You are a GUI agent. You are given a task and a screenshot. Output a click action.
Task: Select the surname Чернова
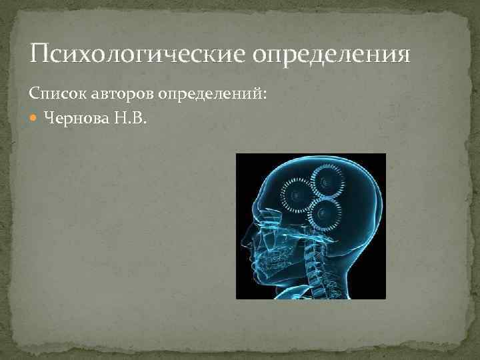[74, 119]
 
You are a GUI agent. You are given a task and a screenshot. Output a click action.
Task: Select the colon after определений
[265, 95]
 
